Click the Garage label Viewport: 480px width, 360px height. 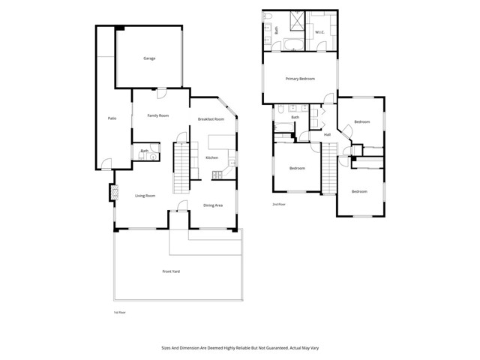pos(148,58)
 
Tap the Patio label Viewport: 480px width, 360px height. pos(112,118)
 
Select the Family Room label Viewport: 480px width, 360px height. pos(157,115)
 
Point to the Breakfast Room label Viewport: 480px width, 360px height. pos(211,120)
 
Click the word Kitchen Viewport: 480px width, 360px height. pos(211,157)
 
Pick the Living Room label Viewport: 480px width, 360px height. pos(145,196)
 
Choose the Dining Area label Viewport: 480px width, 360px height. pos(213,205)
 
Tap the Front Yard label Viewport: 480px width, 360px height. pos(172,271)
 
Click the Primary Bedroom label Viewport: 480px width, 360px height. pos(299,79)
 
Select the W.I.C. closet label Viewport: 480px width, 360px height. pos(319,31)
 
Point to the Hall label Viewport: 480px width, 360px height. pos(327,134)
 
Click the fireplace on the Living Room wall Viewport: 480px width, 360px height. pos(114,193)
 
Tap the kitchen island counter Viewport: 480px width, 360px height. pos(220,142)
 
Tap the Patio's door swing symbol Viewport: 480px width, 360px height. pos(106,163)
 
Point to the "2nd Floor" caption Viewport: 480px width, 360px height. pos(279,204)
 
